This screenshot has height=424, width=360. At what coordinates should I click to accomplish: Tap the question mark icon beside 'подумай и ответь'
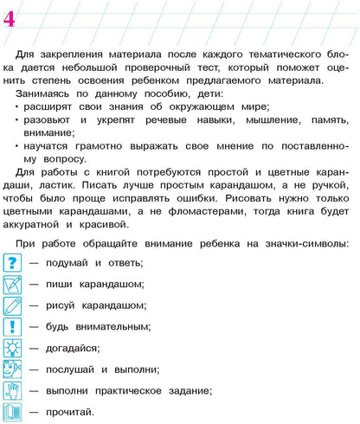pyautogui.click(x=13, y=262)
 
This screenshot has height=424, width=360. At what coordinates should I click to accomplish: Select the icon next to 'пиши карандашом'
pyautogui.click(x=13, y=284)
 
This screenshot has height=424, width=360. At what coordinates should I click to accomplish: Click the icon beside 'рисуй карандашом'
pyautogui.click(x=13, y=305)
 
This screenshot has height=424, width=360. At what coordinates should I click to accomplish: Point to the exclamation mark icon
pyautogui.click(x=13, y=327)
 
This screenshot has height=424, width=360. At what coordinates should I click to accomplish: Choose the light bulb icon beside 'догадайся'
pyautogui.click(x=13, y=349)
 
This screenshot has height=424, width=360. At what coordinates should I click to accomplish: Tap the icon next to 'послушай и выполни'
pyautogui.click(x=13, y=369)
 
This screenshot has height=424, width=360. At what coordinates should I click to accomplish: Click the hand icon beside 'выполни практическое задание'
pyautogui.click(x=13, y=391)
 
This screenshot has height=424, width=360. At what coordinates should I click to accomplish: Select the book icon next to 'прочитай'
pyautogui.click(x=13, y=412)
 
